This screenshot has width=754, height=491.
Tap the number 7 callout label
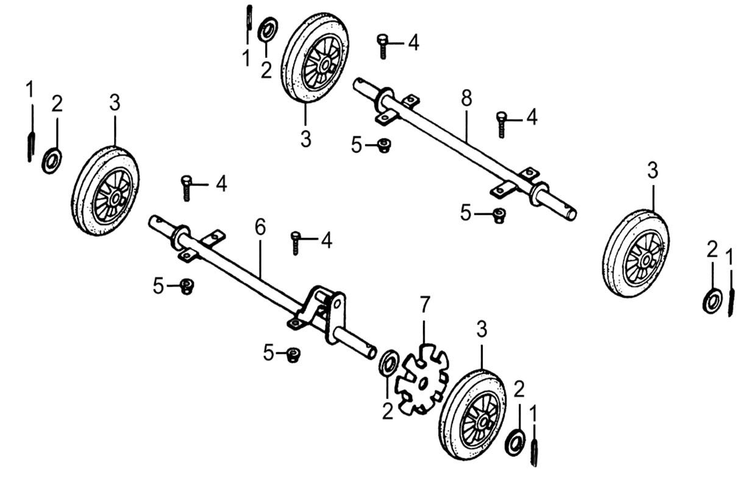coord(424,303)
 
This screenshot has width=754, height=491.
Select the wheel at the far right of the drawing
coord(636,253)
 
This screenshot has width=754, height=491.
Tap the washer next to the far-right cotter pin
coord(712,301)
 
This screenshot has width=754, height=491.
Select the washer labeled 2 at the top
coord(267,29)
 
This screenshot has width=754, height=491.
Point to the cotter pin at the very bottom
coord(535,451)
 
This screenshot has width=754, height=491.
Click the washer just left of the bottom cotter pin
coord(516,442)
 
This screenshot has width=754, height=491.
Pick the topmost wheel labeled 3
coord(315,59)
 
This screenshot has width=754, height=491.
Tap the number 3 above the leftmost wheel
coord(115,103)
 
